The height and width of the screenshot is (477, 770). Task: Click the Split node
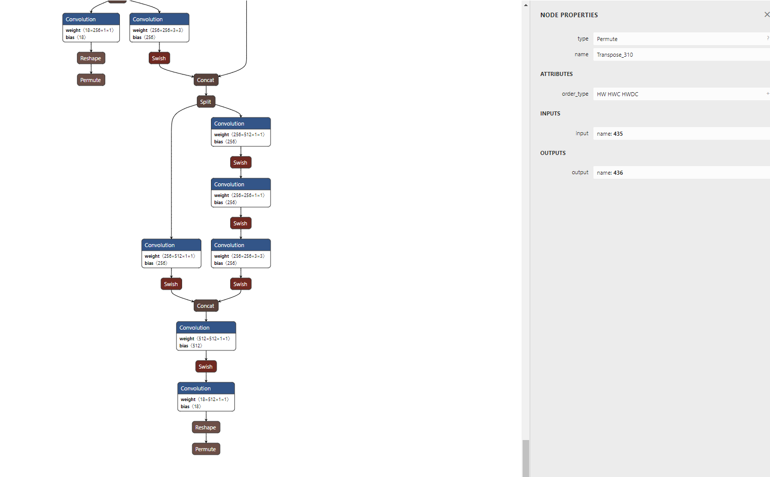pos(206,102)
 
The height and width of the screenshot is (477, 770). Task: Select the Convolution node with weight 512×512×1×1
pos(206,336)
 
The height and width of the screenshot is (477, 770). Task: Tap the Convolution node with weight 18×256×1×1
pos(91,27)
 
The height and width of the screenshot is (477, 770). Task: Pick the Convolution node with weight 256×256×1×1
pos(241,193)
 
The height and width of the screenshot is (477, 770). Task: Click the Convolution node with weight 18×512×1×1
pos(206,396)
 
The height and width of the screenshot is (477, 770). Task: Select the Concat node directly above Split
pos(206,80)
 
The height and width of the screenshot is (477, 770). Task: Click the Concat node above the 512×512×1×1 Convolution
pos(206,306)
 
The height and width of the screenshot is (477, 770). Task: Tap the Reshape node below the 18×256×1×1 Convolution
pos(91,58)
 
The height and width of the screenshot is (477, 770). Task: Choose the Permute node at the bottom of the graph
pos(206,449)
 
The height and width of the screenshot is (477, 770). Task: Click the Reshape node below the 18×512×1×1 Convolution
pos(206,427)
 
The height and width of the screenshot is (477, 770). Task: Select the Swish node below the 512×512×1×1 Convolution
pos(206,367)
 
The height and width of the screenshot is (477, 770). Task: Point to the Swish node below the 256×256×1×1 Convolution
pos(241,223)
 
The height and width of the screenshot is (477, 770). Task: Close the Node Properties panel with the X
pos(766,15)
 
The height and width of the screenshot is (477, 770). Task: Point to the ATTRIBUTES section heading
pos(556,74)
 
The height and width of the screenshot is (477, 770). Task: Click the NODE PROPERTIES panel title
pos(569,15)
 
